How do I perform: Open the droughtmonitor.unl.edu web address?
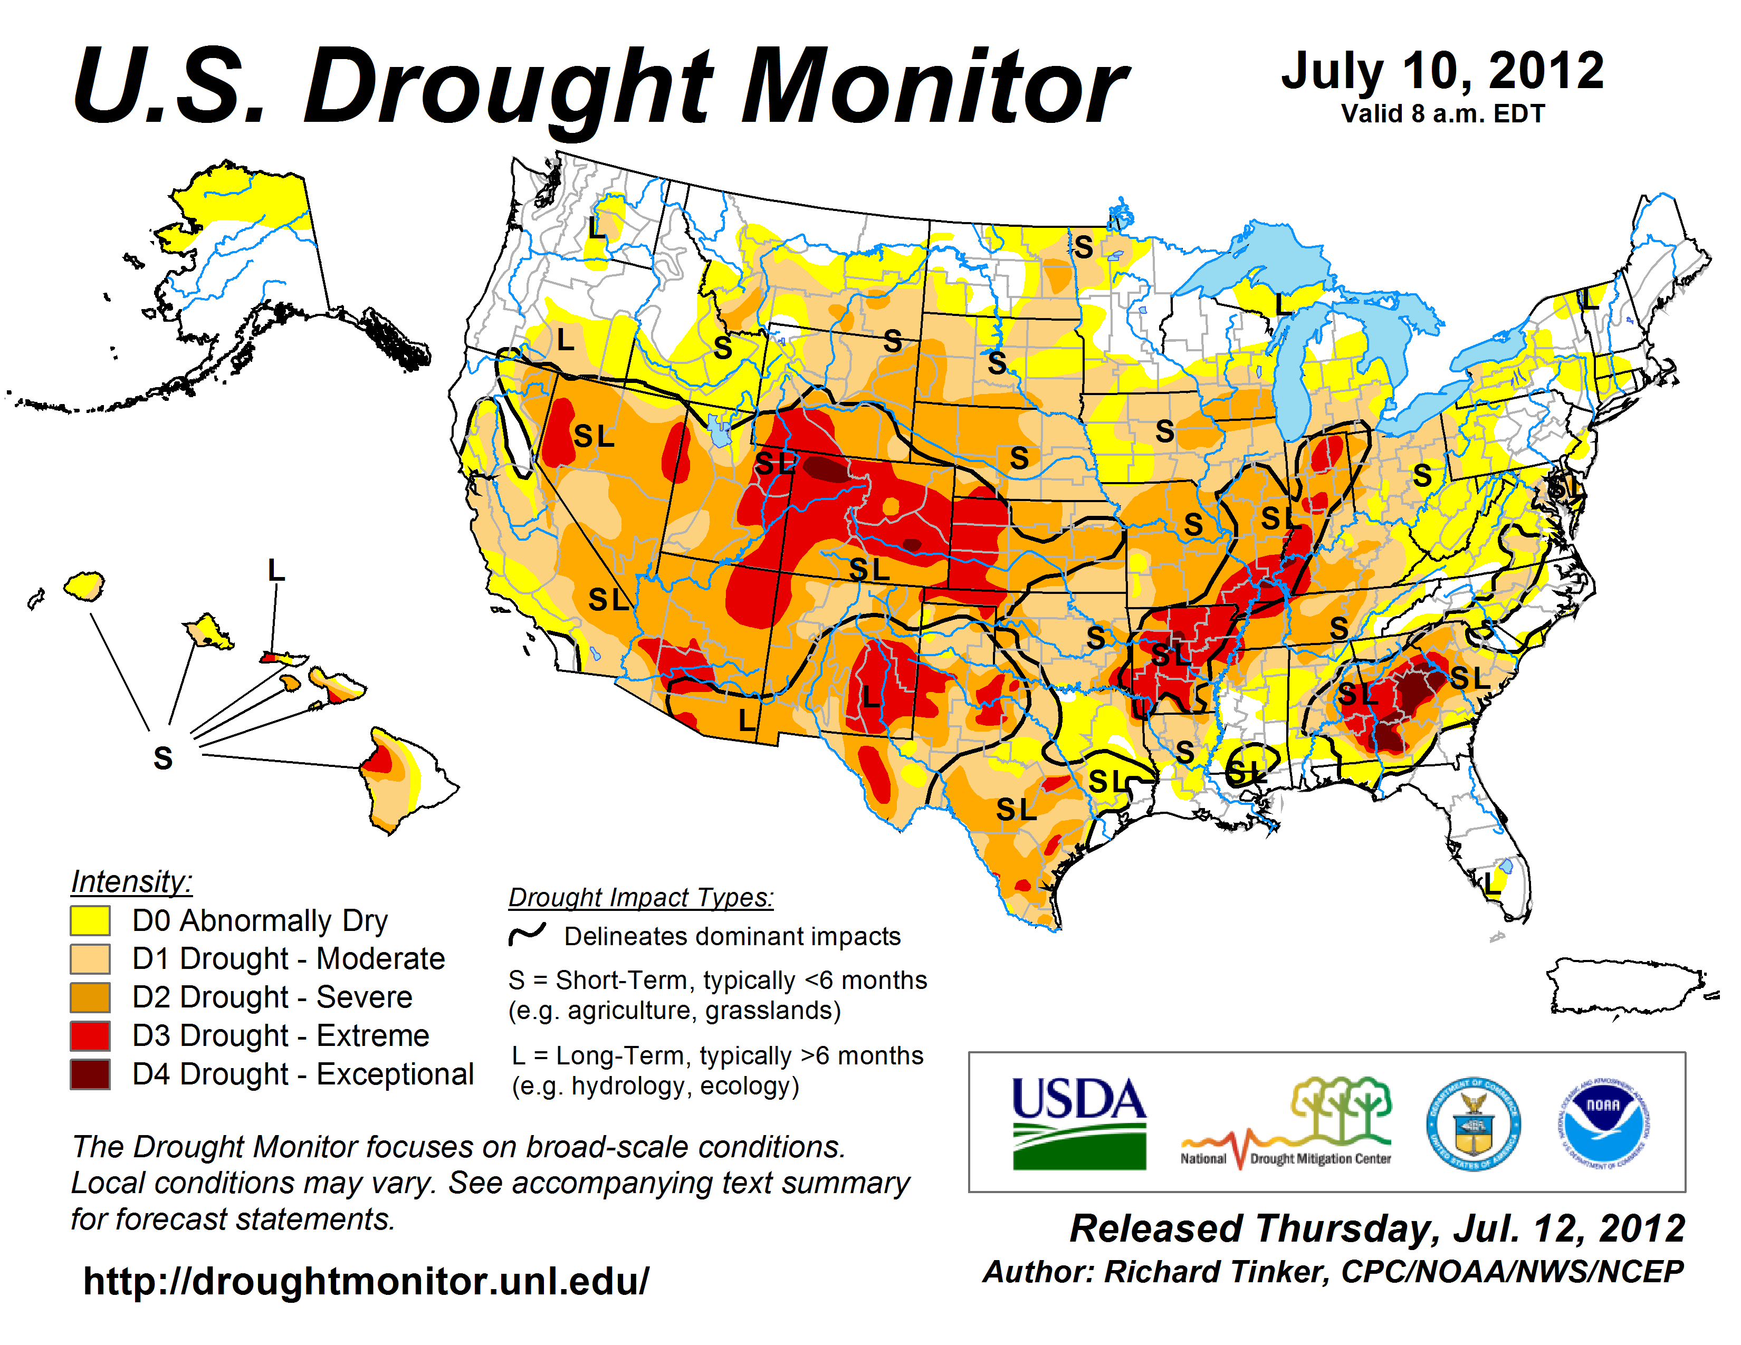pos(366,1281)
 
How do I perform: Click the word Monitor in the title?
pos(933,86)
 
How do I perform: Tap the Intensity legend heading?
pos(131,882)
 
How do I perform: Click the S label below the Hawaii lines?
pos(162,758)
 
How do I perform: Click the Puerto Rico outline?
pos(1626,988)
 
